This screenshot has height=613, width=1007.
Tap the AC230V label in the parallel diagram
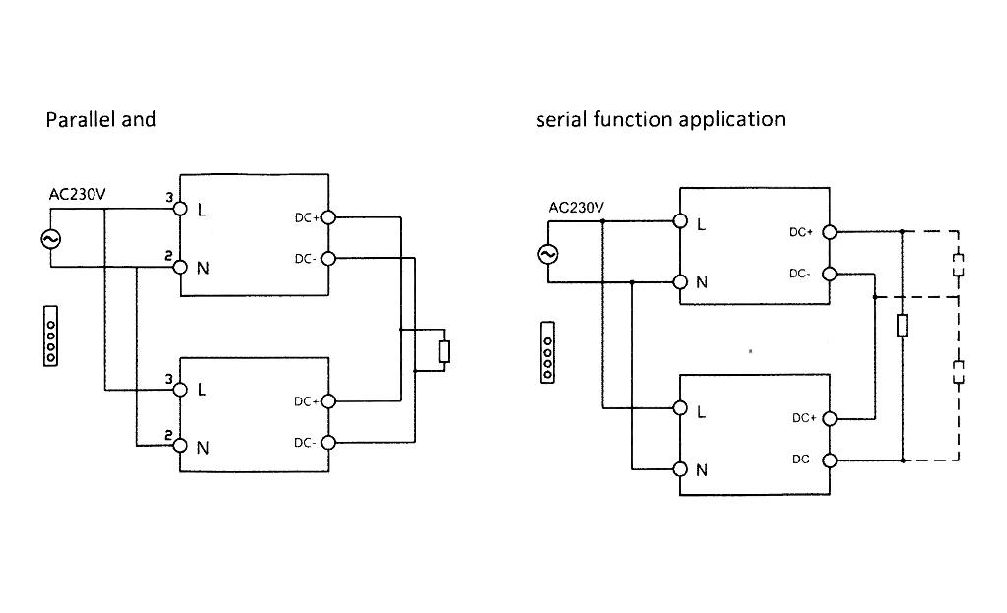(x=77, y=195)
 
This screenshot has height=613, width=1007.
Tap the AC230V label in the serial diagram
(x=577, y=207)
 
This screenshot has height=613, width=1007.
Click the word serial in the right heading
(x=561, y=120)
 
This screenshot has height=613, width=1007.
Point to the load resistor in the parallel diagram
(x=444, y=351)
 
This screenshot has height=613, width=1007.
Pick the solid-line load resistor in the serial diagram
(x=902, y=326)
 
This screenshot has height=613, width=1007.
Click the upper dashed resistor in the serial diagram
(x=959, y=265)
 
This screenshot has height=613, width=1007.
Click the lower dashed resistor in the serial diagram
(x=959, y=371)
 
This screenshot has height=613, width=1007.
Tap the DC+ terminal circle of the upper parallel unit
(x=328, y=217)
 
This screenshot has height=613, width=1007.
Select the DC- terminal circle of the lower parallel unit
(x=328, y=443)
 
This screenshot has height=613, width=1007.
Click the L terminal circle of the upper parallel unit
(x=180, y=209)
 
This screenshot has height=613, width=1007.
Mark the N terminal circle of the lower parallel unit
(x=180, y=445)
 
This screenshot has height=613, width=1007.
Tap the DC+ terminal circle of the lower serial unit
(x=829, y=418)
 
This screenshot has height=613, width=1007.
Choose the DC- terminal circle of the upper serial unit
(x=829, y=274)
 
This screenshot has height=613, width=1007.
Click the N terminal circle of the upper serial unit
(x=680, y=282)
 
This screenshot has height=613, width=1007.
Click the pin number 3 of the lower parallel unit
(x=169, y=379)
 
